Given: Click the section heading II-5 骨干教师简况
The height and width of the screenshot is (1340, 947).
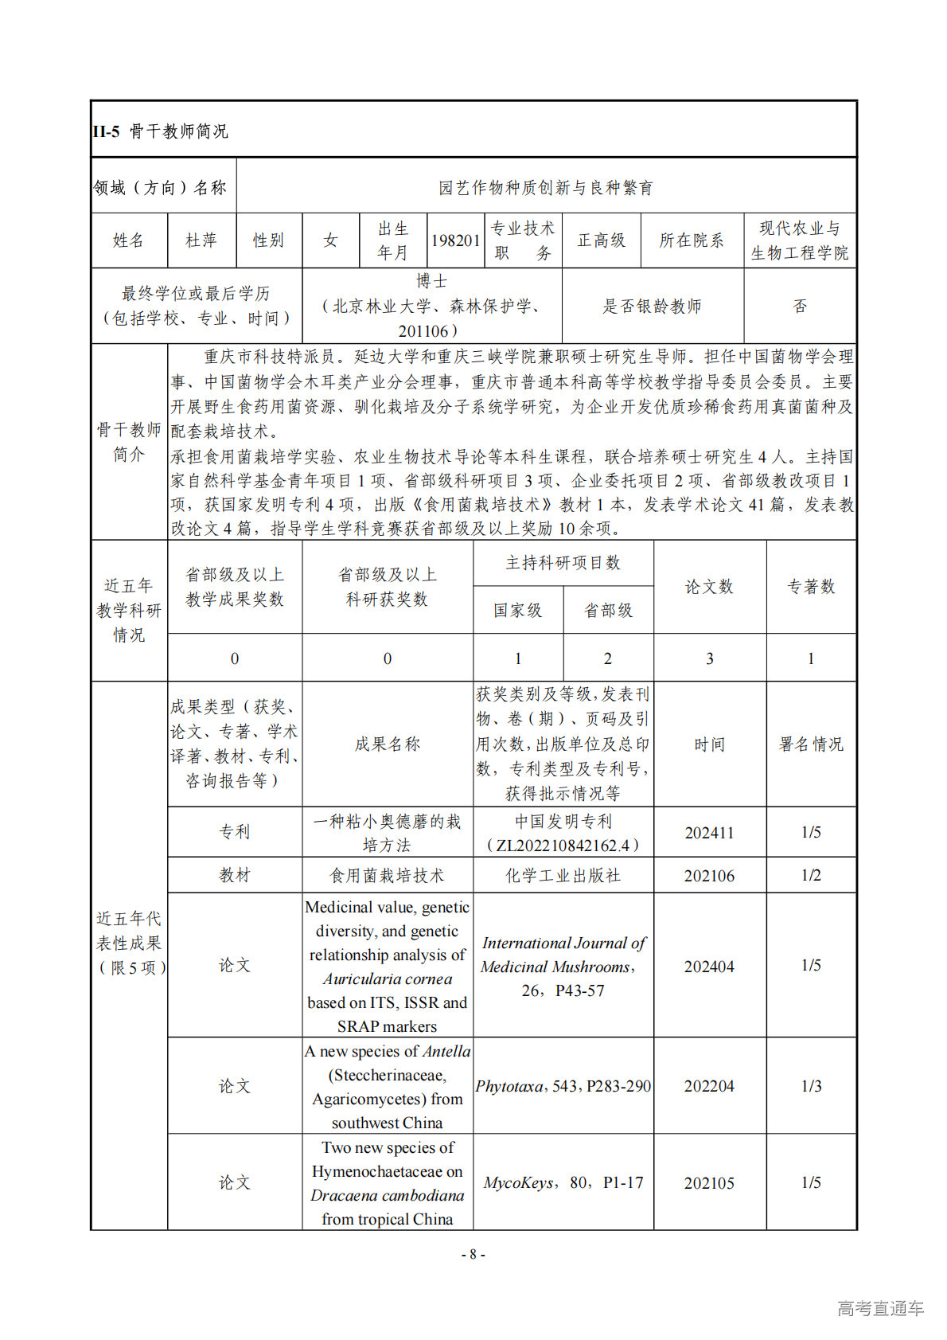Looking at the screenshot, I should pyautogui.click(x=160, y=131).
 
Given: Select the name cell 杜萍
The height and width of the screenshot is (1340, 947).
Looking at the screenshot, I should pyautogui.click(x=201, y=240).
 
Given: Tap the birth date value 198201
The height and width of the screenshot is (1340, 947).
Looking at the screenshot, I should pyautogui.click(x=455, y=240).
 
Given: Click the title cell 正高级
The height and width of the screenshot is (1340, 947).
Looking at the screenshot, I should pyautogui.click(x=601, y=240).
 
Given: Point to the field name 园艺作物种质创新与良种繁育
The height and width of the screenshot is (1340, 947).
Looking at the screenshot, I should pyautogui.click(x=546, y=188).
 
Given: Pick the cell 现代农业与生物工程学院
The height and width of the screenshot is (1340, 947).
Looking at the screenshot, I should pyautogui.click(x=800, y=240).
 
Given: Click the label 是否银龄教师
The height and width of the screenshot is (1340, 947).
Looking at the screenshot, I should pyautogui.click(x=652, y=307).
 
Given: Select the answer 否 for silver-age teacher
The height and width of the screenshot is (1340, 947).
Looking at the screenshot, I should pyautogui.click(x=800, y=307).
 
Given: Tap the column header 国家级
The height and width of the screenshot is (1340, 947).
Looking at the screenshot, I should pyautogui.click(x=517, y=611).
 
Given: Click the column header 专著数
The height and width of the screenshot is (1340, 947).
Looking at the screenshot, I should pyautogui.click(x=811, y=587).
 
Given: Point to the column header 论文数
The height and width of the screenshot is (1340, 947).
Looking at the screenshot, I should pyautogui.click(x=709, y=587).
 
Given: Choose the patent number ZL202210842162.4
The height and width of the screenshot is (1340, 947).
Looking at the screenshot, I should pyautogui.click(x=563, y=846).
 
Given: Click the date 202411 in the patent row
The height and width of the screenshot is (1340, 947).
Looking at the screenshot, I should pyautogui.click(x=709, y=833).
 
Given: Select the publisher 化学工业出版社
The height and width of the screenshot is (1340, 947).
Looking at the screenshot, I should pyautogui.click(x=563, y=876).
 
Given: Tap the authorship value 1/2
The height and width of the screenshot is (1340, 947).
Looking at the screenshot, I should pyautogui.click(x=811, y=876).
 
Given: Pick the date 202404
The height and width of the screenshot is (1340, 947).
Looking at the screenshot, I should pyautogui.click(x=709, y=967).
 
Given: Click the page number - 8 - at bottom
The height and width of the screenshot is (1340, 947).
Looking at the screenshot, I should pyautogui.click(x=473, y=1255).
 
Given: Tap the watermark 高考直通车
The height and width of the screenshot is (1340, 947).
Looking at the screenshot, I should pyautogui.click(x=880, y=1308).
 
